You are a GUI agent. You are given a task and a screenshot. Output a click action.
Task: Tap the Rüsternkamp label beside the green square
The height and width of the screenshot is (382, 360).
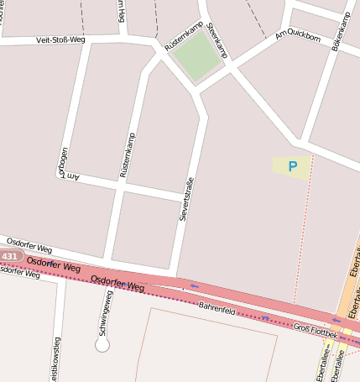click(184, 36)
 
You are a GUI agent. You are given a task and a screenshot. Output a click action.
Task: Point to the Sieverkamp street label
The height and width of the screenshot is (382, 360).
click(217, 39)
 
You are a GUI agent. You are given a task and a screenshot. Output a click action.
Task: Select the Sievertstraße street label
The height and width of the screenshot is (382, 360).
click(187, 199)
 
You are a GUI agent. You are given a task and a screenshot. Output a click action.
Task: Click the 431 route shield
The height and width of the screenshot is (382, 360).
click(10, 256)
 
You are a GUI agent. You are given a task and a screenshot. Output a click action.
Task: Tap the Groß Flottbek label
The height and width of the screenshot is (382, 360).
click(316, 329)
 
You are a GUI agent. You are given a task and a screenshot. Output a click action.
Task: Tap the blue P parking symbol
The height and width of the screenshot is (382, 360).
click(292, 166)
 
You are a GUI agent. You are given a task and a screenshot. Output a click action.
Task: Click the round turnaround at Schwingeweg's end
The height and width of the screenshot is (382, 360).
click(102, 344)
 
